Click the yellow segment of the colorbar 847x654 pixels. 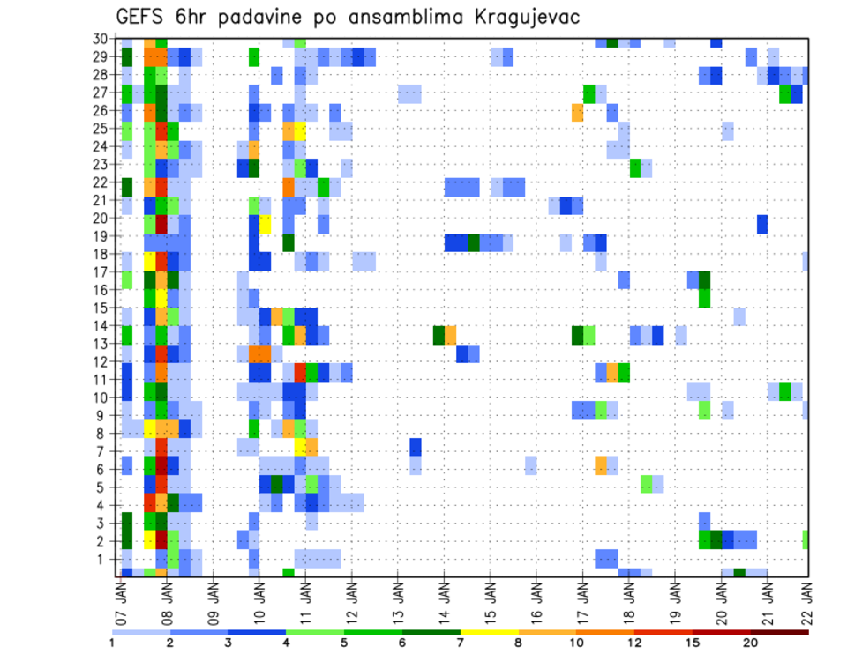(x=490, y=632)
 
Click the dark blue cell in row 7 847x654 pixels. (x=416, y=447)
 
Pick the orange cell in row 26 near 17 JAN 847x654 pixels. (x=577, y=112)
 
